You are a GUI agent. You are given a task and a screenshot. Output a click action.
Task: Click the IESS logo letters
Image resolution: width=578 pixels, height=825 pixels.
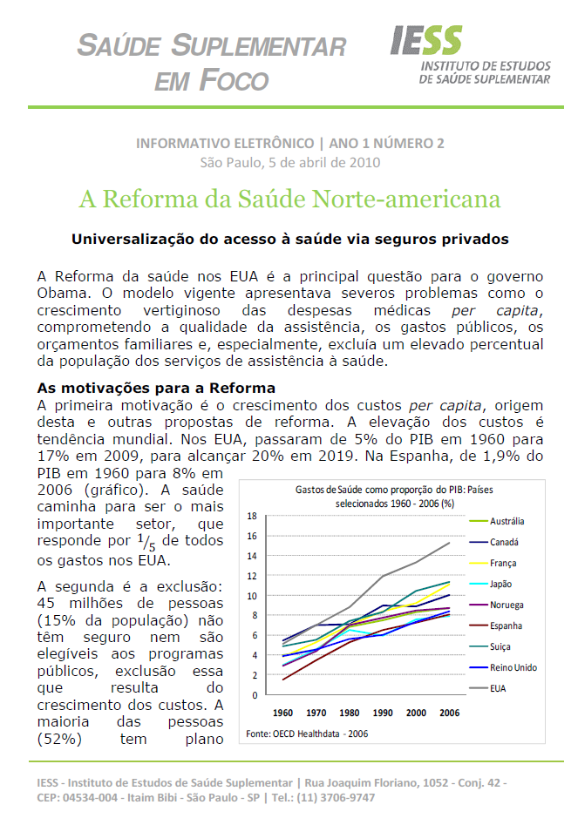coord(426,40)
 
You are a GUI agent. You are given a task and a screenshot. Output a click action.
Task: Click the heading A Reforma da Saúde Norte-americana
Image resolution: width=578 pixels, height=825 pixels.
coord(289,199)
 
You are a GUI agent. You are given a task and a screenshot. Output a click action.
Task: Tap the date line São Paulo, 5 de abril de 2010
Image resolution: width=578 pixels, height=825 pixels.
coord(289,161)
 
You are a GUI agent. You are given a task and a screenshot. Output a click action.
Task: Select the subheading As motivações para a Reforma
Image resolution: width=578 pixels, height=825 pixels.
coord(156,388)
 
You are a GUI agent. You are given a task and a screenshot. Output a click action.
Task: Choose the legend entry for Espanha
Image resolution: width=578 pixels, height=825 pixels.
coord(507,626)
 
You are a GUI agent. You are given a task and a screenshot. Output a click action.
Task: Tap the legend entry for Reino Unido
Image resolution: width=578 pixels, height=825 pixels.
coord(512,667)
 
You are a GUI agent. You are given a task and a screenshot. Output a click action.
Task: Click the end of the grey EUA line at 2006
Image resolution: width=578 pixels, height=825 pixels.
coord(450,543)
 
